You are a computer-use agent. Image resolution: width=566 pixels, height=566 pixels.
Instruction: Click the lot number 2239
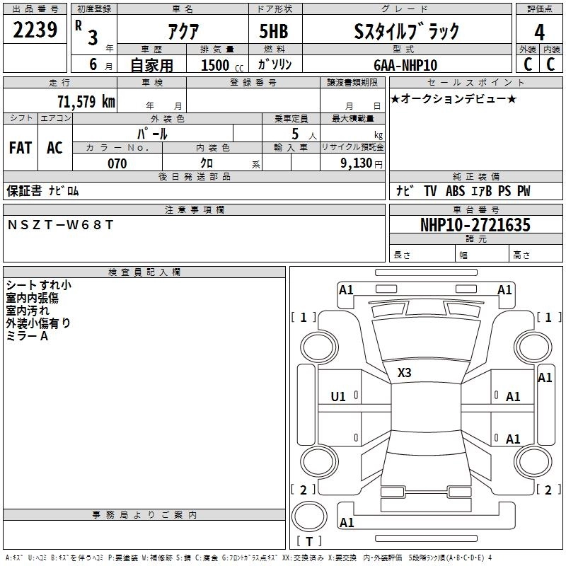(x=35, y=30)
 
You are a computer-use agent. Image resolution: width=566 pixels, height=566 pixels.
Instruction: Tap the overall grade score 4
(x=539, y=32)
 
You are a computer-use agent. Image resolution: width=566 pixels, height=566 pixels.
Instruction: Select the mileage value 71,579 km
(x=86, y=101)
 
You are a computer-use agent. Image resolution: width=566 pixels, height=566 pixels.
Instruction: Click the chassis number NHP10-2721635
(x=475, y=225)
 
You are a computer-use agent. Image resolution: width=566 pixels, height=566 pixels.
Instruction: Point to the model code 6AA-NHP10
(x=405, y=65)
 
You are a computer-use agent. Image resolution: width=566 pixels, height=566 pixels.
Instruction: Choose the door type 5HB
(x=274, y=31)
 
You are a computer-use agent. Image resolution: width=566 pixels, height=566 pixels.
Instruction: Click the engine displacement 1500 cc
(x=222, y=65)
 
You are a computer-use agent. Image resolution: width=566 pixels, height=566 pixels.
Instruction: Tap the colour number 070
(x=117, y=163)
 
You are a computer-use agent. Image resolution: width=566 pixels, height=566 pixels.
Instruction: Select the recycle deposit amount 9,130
(x=357, y=163)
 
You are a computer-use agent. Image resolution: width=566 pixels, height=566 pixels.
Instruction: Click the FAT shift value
(x=21, y=148)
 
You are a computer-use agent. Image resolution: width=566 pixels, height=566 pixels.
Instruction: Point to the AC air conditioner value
(x=54, y=148)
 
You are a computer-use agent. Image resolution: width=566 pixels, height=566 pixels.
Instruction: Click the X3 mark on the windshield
(x=404, y=373)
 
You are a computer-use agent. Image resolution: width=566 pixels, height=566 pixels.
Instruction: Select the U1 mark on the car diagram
(x=338, y=397)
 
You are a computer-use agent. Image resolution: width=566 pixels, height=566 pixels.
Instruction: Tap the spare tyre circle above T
(x=309, y=516)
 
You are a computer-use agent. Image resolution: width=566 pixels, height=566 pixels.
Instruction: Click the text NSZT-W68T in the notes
(x=61, y=225)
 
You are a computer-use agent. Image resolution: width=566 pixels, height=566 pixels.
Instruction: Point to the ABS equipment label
(x=455, y=191)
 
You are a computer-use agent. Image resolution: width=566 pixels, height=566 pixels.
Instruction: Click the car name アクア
(x=183, y=31)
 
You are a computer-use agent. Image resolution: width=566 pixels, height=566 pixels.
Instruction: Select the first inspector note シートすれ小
(x=39, y=285)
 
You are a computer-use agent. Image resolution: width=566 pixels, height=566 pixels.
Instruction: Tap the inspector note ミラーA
(x=27, y=336)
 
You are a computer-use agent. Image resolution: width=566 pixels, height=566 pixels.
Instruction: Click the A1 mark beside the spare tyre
(x=347, y=522)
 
